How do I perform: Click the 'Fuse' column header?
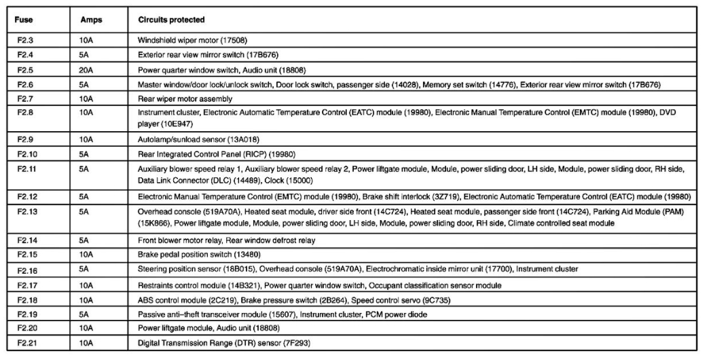pyautogui.click(x=24, y=20)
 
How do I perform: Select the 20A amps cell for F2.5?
pyautogui.click(x=86, y=70)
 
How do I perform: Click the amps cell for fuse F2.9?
pyautogui.click(x=86, y=139)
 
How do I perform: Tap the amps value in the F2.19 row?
pyautogui.click(x=84, y=316)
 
